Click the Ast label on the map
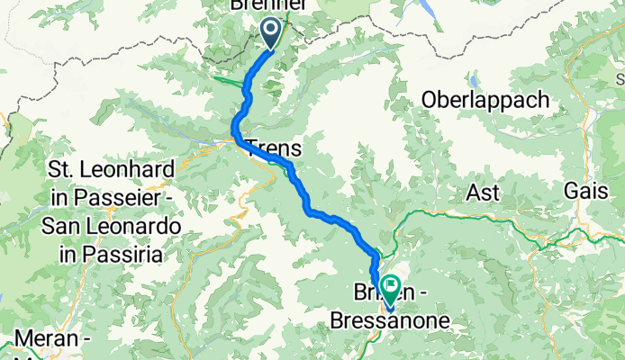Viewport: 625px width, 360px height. click(481, 192)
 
